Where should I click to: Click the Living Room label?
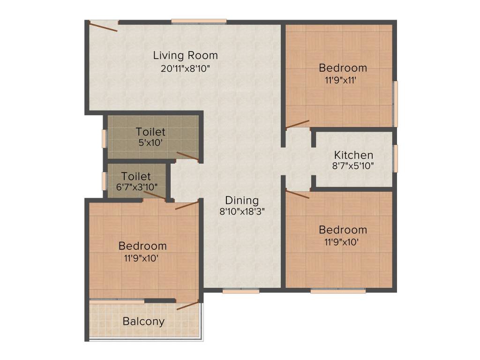[x=186, y=55]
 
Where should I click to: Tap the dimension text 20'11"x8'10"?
[x=186, y=68]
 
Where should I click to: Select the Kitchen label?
[x=353, y=155]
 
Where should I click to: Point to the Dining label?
[x=241, y=200]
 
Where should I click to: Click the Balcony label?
[x=143, y=322]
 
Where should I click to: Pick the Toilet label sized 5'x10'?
[x=150, y=132]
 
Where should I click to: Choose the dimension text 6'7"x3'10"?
[x=136, y=187]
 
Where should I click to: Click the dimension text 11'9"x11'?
[x=343, y=80]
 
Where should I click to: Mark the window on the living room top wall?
[x=199, y=21]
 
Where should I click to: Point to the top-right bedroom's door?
[x=298, y=124]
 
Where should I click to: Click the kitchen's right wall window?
[x=396, y=158]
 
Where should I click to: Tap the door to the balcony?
[x=187, y=306]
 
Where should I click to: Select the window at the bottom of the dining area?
[x=241, y=291]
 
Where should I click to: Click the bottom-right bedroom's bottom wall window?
[x=337, y=291]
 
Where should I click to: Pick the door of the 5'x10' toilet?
[x=187, y=156]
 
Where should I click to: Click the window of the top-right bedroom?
[x=396, y=104]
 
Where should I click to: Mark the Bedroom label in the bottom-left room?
[x=142, y=246]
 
